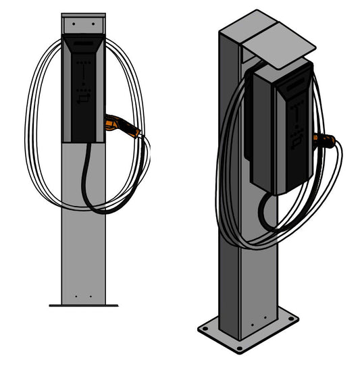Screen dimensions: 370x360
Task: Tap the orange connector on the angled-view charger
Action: click(x=325, y=140)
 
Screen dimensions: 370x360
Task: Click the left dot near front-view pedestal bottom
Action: click(x=76, y=296)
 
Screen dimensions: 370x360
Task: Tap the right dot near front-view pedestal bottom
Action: click(x=90, y=296)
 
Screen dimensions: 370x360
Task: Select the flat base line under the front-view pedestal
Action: click(x=83, y=306)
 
